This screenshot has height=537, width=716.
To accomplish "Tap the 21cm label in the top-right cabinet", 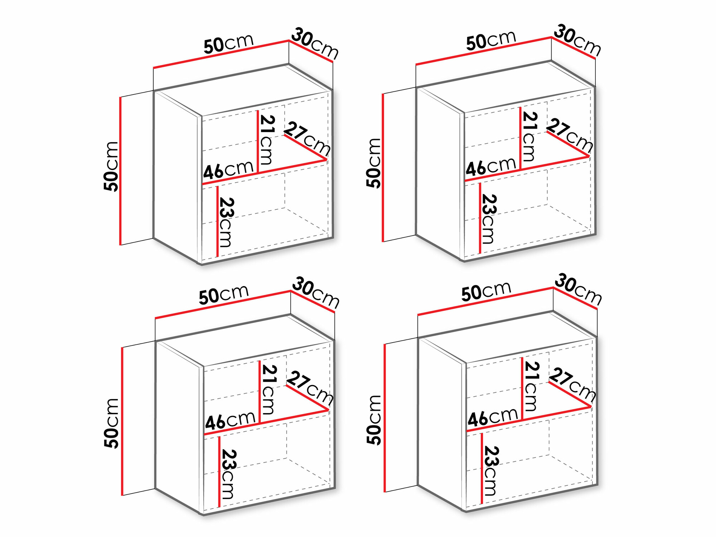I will pos(529,136).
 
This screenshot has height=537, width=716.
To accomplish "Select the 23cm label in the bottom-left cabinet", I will pos(228,474).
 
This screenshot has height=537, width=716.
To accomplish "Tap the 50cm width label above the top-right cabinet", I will pos(491,40).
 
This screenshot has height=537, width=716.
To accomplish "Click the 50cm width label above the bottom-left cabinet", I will pos(224,295).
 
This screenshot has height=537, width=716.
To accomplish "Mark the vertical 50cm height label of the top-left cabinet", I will pos(111,166).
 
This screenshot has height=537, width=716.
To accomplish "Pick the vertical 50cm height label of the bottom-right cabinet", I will pos(374,420).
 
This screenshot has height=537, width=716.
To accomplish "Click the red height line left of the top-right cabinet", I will pos(383,168).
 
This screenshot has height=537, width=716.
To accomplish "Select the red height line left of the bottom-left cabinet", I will pos(122,421).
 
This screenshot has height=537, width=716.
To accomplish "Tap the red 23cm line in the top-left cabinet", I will pos(217,221).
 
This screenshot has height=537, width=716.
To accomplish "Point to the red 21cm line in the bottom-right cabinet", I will pos(522,388).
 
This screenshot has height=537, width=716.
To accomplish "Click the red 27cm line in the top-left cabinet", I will pos(305,147).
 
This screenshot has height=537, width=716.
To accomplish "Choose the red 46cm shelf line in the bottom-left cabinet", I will pos(266,422).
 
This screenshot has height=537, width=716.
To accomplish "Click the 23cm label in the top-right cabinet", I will pos(488,219).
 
